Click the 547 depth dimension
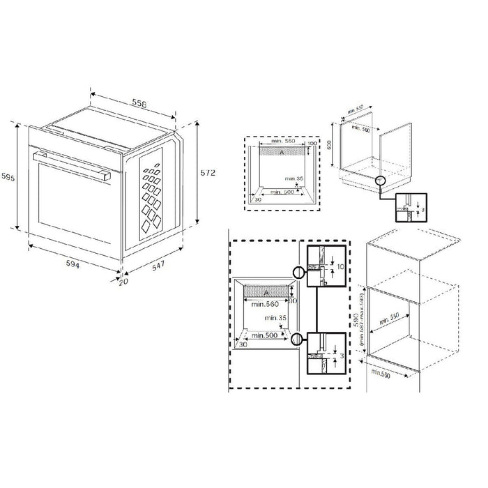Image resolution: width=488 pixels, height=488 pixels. (160, 266)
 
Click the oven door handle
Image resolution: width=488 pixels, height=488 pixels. (70, 165)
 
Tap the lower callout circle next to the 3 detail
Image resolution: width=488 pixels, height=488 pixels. (298, 340)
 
